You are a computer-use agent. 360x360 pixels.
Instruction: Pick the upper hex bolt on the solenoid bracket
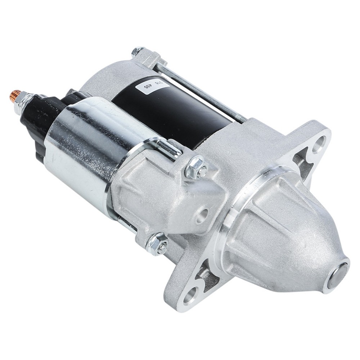tap(197, 167)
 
